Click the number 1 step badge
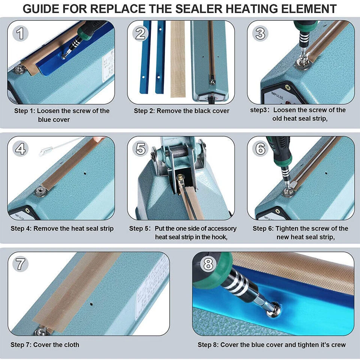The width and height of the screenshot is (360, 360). point(21,34)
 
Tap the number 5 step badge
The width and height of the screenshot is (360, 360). point(141,149)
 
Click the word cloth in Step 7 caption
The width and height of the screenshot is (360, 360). point(71,345)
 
